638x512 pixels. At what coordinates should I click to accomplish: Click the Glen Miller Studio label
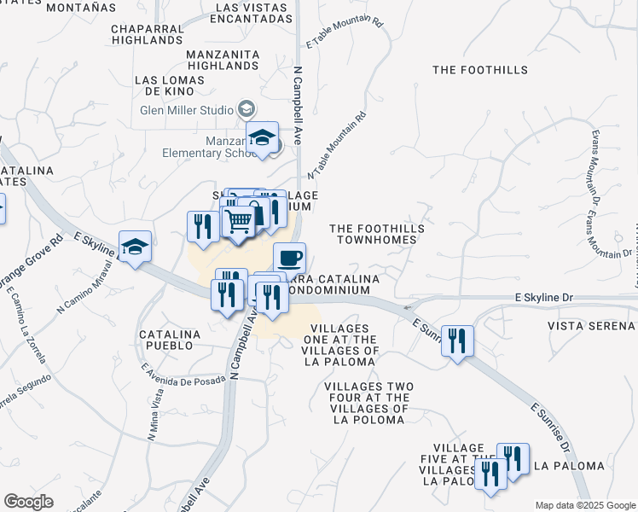pyautogui.click(x=188, y=110)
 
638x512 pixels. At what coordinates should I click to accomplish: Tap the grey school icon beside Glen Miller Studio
pyautogui.click(x=246, y=109)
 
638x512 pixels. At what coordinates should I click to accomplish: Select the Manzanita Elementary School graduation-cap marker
pyautogui.click(x=263, y=137)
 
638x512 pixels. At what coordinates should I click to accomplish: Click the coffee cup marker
pyautogui.click(x=289, y=258)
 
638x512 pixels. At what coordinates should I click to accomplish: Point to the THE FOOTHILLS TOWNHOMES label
pyautogui.click(x=377, y=234)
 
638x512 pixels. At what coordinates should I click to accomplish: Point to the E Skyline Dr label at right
pyautogui.click(x=554, y=297)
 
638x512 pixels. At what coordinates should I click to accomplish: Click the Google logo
pyautogui.click(x=28, y=502)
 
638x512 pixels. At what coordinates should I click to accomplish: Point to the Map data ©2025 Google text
pyautogui.click(x=584, y=505)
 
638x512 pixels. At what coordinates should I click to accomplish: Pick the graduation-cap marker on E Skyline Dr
pyautogui.click(x=135, y=247)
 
